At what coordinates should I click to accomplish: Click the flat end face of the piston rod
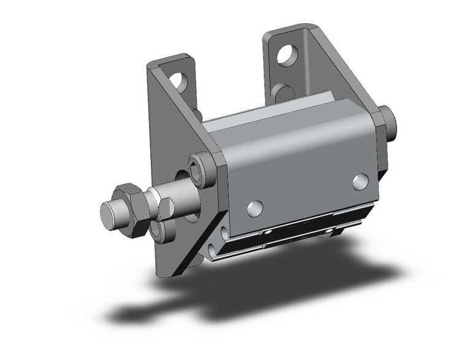pyautogui.click(x=109, y=215)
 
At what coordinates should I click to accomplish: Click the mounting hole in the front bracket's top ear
pyautogui.click(x=178, y=80)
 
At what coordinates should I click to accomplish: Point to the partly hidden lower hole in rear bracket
pyautogui.click(x=283, y=92)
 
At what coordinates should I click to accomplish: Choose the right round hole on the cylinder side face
pyautogui.click(x=361, y=181)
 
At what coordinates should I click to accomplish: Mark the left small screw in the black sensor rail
pyautogui.click(x=268, y=234)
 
